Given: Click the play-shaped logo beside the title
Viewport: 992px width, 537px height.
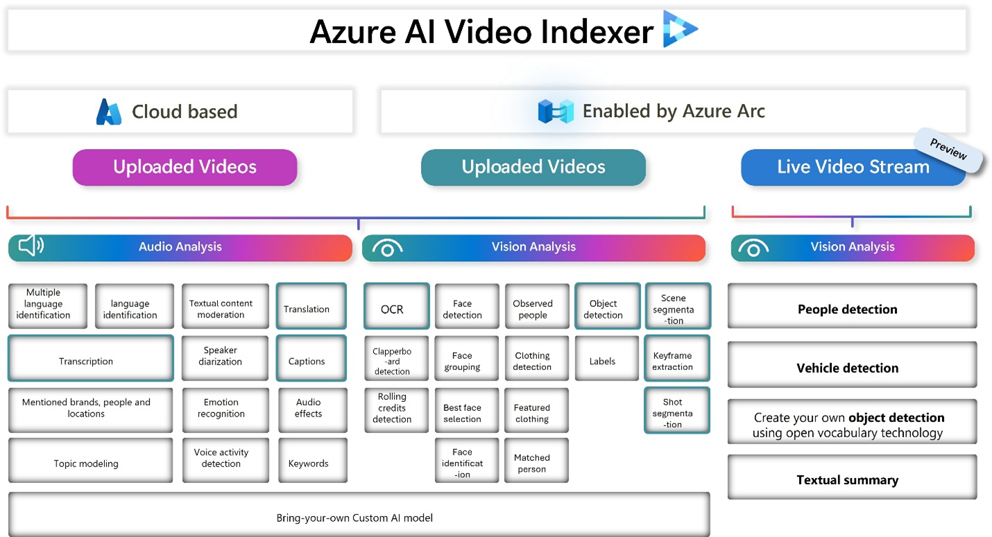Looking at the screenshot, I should [678, 29].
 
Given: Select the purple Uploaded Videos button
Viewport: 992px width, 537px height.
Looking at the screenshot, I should [185, 167].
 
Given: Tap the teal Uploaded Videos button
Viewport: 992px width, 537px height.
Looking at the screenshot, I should [533, 167].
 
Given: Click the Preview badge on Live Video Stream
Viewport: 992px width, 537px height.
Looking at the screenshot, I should [948, 150].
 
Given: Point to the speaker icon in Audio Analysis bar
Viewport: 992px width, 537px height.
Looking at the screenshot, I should [31, 245].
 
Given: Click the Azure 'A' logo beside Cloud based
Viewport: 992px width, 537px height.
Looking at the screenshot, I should [109, 112].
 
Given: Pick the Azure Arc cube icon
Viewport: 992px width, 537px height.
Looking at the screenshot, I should [556, 111].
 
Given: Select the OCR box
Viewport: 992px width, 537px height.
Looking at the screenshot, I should [392, 309].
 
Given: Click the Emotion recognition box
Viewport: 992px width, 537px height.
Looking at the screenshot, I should [221, 408].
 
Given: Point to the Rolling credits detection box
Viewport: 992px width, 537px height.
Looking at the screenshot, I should [392, 408].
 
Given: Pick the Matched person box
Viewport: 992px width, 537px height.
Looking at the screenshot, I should [532, 463].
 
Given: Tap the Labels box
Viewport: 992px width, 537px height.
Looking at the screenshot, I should [602, 361].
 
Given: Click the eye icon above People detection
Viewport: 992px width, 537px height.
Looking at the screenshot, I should [753, 248].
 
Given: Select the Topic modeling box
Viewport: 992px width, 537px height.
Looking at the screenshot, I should [87, 464].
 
